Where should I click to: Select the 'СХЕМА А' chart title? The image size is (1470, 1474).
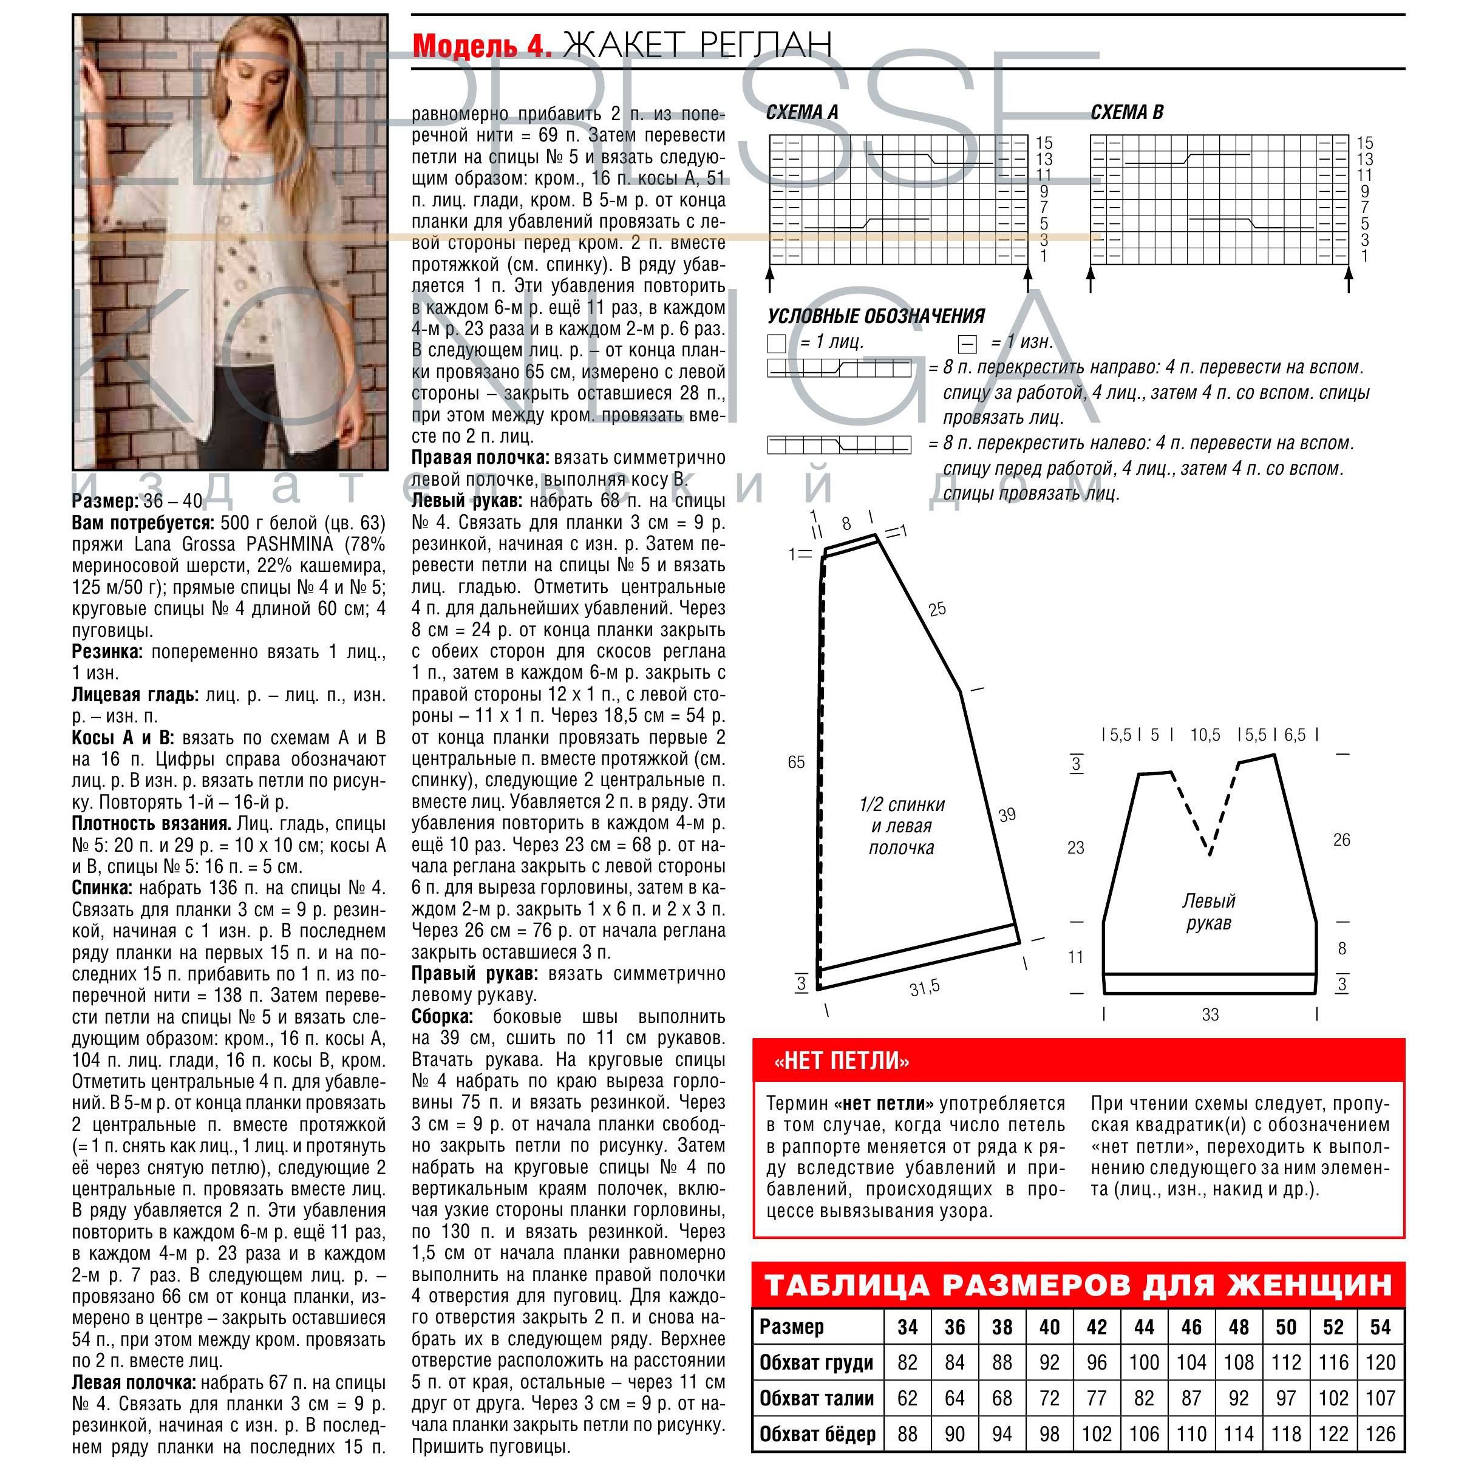[801, 113]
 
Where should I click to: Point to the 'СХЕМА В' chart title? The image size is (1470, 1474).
[1126, 113]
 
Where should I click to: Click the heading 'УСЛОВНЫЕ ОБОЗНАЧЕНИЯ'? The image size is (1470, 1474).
[876, 316]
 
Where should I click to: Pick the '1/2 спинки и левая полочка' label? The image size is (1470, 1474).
[902, 826]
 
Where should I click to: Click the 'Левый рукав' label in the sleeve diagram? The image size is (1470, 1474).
[1208, 912]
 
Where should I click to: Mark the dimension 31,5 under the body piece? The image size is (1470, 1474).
[924, 987]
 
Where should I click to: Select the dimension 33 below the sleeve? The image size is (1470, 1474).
[1210, 1014]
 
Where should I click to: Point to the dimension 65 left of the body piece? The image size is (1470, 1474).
[796, 762]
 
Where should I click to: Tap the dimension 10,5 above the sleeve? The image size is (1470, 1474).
[1205, 735]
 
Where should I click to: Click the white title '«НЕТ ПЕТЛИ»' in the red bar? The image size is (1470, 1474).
[841, 1061]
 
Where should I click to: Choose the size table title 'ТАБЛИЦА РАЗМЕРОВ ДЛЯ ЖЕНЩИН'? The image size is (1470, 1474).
[1078, 1285]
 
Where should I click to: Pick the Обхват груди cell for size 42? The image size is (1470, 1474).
[1096, 1363]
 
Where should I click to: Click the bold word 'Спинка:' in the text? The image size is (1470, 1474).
[101, 888]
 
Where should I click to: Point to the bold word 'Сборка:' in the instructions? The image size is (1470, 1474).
[442, 1016]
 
